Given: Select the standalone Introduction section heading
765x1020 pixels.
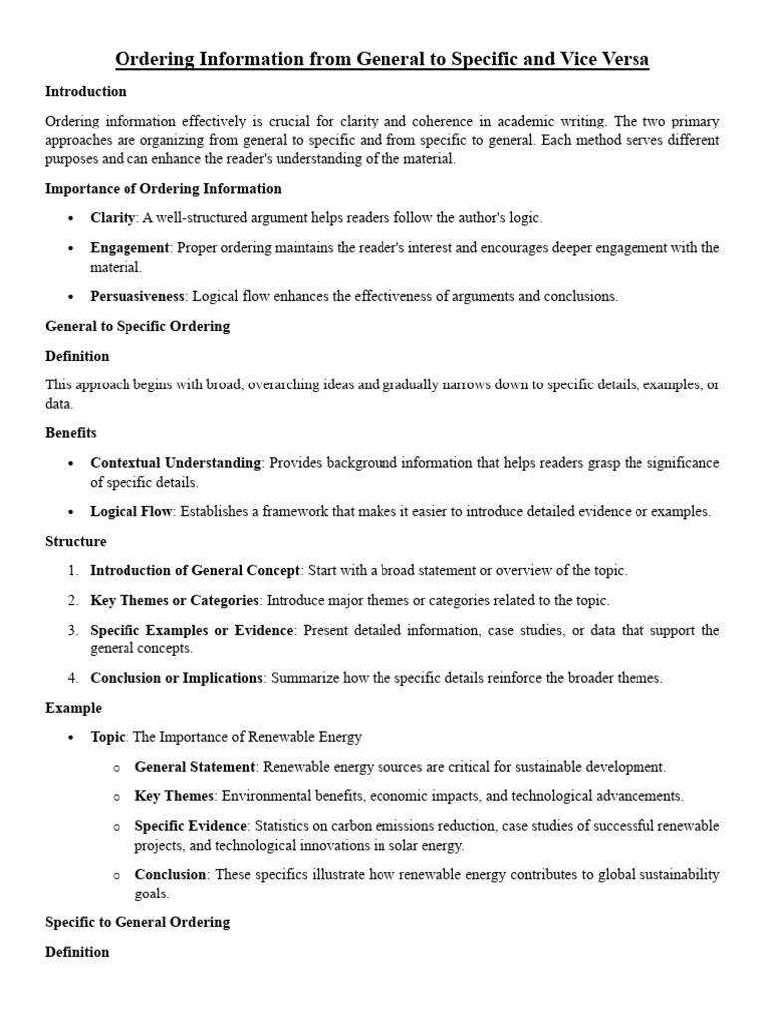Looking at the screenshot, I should [86, 92].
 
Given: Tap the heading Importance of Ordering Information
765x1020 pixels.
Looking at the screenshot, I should [163, 188].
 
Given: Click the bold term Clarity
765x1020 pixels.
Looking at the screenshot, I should [112, 217].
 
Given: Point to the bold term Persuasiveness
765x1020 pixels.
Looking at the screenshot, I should [136, 296].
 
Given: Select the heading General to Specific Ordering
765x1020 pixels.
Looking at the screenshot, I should [137, 326].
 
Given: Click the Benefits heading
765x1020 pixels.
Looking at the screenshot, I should [71, 433].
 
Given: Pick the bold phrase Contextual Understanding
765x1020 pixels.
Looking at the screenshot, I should [175, 463].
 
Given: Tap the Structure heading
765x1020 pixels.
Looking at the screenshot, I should [76, 541].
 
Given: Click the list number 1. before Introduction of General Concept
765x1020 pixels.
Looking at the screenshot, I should [73, 571].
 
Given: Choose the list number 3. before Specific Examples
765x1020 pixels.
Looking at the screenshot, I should [73, 631].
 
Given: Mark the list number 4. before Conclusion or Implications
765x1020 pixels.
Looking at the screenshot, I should [73, 678].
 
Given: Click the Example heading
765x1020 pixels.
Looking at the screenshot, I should [73, 708].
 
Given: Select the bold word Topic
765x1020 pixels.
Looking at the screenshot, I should [108, 737].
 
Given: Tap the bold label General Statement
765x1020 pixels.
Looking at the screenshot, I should [195, 767].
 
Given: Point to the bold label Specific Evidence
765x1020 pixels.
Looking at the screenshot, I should [190, 827].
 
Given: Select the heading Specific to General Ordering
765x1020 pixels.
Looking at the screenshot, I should [137, 922].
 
